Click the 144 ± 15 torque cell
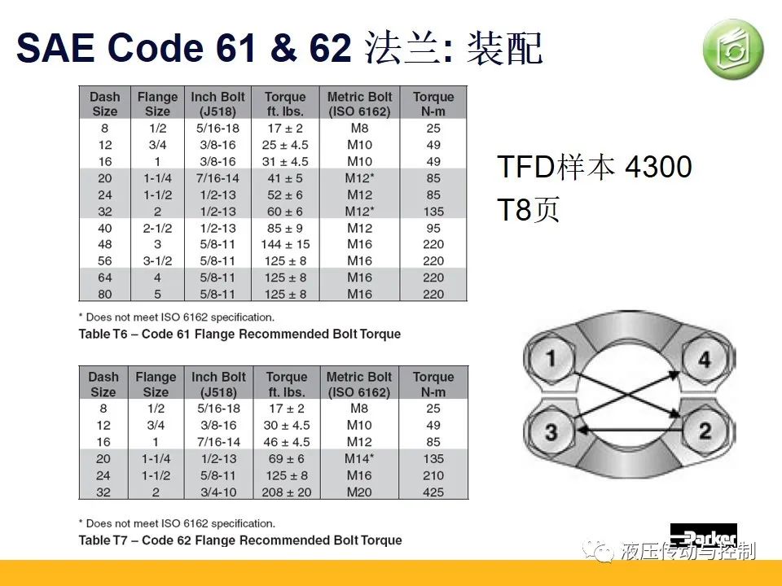(x=285, y=244)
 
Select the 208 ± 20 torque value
(x=286, y=492)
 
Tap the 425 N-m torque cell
(x=433, y=492)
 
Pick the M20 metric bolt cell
(x=359, y=492)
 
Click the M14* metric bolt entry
(x=359, y=458)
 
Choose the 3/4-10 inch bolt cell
(x=218, y=492)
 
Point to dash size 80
(x=105, y=295)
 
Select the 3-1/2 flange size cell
(x=157, y=261)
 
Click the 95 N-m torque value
(x=433, y=228)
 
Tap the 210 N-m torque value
(x=433, y=475)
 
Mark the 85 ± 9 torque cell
(x=285, y=228)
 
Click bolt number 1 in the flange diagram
(x=551, y=357)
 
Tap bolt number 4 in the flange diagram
(x=704, y=358)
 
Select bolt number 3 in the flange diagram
(x=551, y=431)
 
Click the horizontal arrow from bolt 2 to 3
(x=630, y=429)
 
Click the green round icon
(x=733, y=50)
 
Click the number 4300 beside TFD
(x=658, y=166)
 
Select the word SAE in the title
(x=55, y=48)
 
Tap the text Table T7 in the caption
(x=103, y=540)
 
